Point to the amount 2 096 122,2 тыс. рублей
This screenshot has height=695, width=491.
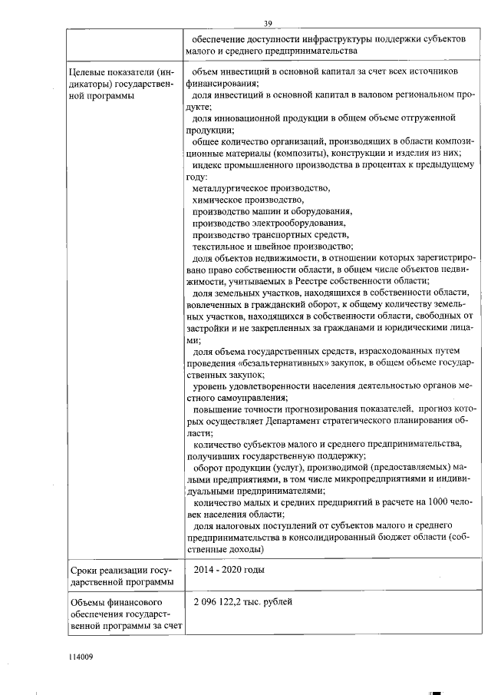click(x=243, y=601)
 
